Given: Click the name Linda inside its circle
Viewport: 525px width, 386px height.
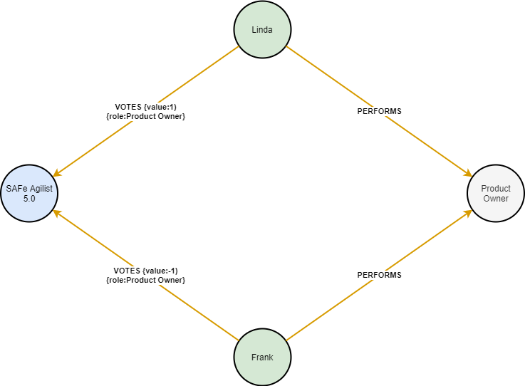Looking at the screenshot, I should (263, 30).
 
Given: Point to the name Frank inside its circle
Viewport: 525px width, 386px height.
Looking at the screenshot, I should (263, 358).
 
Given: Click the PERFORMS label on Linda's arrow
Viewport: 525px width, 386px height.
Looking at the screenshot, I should (379, 111).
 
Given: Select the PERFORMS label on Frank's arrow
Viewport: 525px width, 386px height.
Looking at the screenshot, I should (379, 275).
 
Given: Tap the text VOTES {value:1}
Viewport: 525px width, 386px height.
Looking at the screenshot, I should (145, 107).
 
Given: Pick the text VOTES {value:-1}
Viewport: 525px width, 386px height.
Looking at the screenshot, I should (145, 271).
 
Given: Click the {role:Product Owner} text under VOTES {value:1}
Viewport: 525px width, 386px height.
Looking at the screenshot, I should (145, 116).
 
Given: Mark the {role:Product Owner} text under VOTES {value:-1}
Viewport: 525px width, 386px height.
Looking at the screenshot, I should (145, 280).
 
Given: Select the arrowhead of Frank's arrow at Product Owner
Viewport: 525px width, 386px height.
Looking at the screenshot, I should (469, 212).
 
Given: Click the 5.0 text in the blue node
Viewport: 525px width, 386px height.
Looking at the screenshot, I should (29, 199).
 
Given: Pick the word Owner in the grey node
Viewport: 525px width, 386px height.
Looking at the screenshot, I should (496, 199).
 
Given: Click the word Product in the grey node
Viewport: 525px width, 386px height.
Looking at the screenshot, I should (496, 189).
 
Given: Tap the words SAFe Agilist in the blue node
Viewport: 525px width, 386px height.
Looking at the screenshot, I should (29, 189).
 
